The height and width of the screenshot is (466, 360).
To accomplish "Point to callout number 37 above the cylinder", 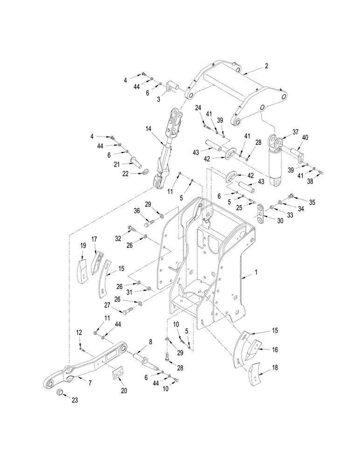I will [x=295, y=132].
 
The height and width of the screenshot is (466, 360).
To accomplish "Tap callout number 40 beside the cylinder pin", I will [x=305, y=137].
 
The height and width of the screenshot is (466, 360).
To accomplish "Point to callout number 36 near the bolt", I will [x=137, y=211].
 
